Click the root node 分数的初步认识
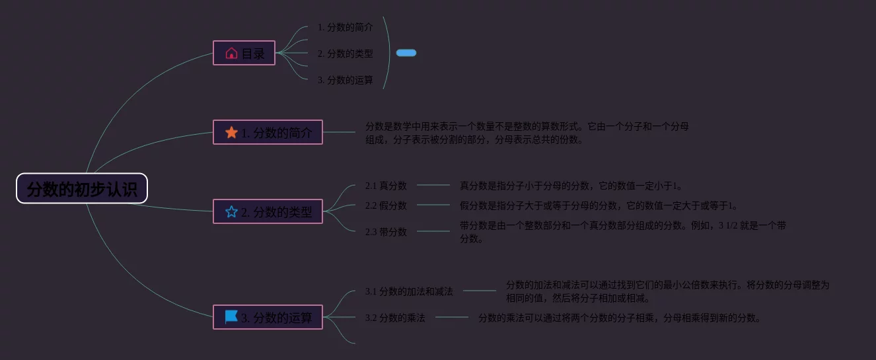point(82,189)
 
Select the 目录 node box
point(244,53)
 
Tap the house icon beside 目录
point(231,53)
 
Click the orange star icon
point(231,133)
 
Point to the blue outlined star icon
point(231,212)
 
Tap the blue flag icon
point(231,317)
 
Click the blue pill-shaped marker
point(406,53)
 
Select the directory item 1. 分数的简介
point(345,27)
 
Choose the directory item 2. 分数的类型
point(345,54)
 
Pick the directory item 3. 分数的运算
point(345,80)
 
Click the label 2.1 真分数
point(386,186)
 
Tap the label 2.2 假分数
point(386,205)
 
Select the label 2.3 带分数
point(386,232)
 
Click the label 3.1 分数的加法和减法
point(409,291)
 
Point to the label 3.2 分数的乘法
point(395,318)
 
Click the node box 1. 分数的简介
point(268,132)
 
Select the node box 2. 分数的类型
point(268,211)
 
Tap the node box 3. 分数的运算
point(268,317)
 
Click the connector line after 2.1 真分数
point(433,185)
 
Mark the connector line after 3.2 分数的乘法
point(452,317)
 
